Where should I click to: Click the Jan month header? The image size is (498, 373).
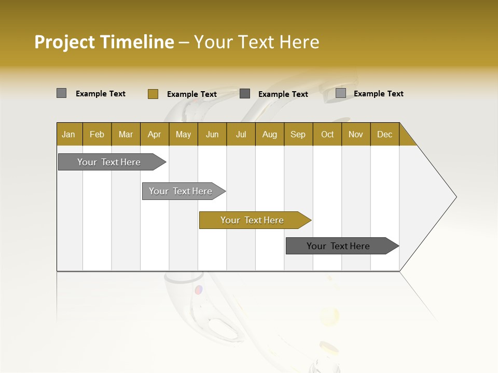click(68, 134)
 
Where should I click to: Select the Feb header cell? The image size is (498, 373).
click(97, 134)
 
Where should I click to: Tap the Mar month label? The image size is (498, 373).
click(126, 134)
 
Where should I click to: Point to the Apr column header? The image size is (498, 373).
click(154, 134)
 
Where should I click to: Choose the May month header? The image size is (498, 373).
click(183, 134)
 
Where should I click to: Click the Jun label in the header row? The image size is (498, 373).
click(212, 134)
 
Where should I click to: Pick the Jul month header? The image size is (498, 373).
click(241, 134)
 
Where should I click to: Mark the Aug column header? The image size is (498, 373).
click(269, 134)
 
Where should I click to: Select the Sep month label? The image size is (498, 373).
click(298, 134)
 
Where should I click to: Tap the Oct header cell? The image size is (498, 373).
click(327, 134)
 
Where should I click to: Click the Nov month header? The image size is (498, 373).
click(356, 134)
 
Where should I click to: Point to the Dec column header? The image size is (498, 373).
click(384, 134)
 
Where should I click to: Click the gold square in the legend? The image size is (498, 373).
click(153, 94)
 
